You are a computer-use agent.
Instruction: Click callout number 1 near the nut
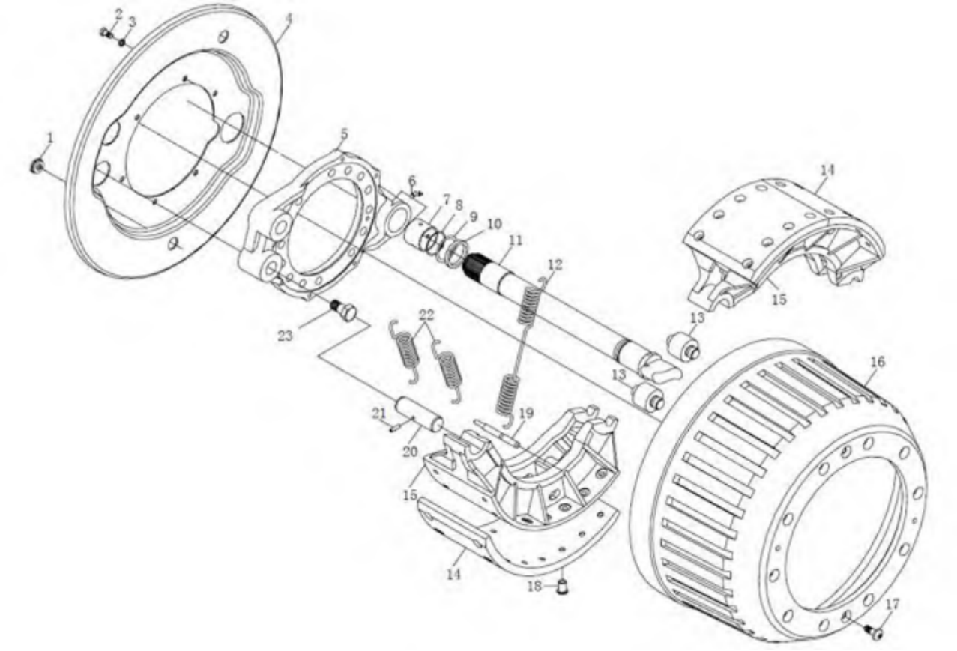click(50, 138)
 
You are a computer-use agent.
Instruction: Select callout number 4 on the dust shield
click(289, 16)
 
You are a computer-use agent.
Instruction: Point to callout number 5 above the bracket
click(343, 133)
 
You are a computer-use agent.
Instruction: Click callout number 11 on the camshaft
click(514, 240)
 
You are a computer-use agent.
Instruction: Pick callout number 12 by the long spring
click(554, 264)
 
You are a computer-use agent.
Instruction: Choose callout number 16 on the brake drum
click(878, 362)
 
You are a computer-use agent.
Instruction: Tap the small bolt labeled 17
click(876, 633)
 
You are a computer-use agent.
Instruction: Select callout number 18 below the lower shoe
click(534, 587)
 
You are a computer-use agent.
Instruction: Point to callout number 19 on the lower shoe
click(525, 412)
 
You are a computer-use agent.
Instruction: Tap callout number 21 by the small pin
click(379, 412)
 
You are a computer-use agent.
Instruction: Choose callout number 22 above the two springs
click(426, 312)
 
